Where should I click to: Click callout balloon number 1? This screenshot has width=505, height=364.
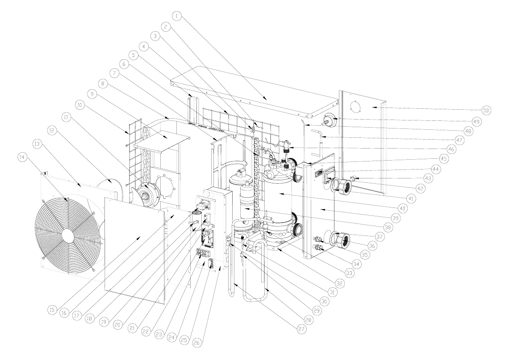click(x=176, y=16)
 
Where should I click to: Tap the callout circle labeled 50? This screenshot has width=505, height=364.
click(x=486, y=110)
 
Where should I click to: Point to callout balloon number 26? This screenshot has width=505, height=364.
click(x=197, y=343)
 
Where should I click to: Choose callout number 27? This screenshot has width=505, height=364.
click(x=302, y=329)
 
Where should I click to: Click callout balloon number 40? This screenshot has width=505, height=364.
click(x=402, y=208)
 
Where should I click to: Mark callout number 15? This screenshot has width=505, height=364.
click(x=52, y=310)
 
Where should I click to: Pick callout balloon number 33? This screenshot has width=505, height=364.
click(x=350, y=273)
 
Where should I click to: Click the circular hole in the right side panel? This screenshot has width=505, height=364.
click(x=356, y=107)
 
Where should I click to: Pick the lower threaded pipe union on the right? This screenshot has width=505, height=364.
click(x=342, y=241)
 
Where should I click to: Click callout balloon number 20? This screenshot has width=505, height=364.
click(x=117, y=325)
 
